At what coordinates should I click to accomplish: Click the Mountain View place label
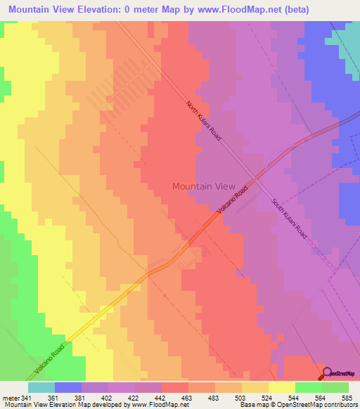click(204, 186)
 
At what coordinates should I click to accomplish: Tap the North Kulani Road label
click(204, 121)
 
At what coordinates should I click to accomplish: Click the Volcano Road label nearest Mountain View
click(233, 202)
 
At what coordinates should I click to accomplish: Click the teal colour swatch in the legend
click(41, 387)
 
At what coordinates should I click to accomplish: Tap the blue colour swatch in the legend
click(67, 387)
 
